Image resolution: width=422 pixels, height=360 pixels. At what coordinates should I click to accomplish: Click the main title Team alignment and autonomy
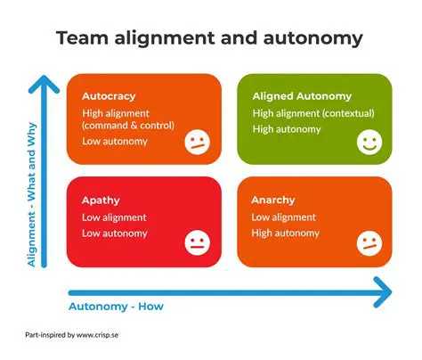tap(210, 38)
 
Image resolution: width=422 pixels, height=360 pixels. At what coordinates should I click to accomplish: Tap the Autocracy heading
tap(109, 95)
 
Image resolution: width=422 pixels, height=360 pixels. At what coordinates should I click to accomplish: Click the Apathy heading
tap(101, 200)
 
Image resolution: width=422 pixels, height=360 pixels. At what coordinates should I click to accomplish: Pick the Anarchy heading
tap(273, 200)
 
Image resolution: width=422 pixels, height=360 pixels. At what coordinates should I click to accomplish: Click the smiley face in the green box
tap(368, 141)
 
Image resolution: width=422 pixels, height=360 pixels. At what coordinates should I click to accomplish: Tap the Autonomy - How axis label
tap(116, 307)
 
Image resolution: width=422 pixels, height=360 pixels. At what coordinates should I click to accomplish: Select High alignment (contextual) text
tap(313, 113)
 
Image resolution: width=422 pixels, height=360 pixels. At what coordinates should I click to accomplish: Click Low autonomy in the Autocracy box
tap(114, 142)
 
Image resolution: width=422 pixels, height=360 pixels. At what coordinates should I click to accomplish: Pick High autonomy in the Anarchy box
tap(284, 233)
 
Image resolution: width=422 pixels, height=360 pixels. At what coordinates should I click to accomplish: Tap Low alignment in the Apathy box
tap(114, 217)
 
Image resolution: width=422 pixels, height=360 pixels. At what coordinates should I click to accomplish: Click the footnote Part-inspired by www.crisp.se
tap(78, 336)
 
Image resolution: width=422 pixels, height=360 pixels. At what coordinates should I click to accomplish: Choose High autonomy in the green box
tap(286, 129)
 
